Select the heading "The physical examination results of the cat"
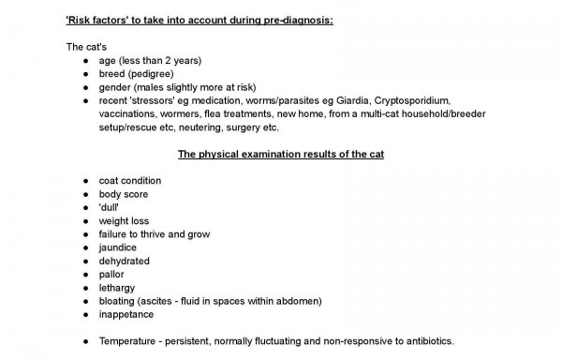point(281,154)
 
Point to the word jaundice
point(118,247)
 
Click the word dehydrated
point(125,261)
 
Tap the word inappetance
point(126,314)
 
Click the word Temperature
point(129,340)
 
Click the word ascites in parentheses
point(156,301)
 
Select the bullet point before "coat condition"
point(85,181)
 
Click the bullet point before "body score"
point(85,194)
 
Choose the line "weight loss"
point(123,221)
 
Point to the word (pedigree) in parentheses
point(149,73)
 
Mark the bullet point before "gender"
point(85,86)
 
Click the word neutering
point(211,127)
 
